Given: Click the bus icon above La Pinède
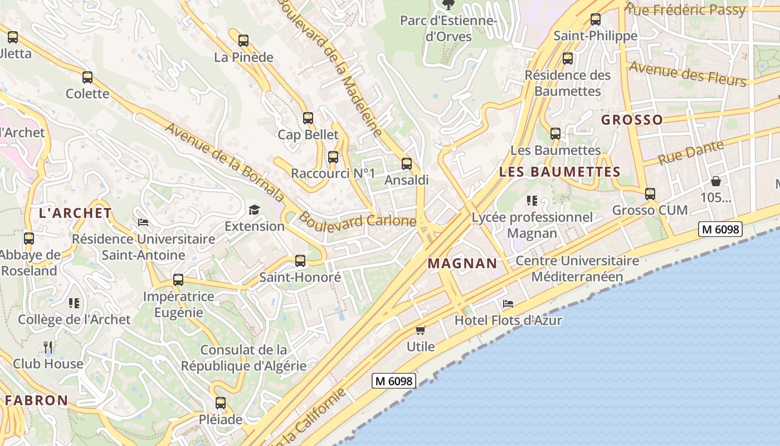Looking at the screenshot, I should (243, 41).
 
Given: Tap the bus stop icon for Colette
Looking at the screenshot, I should (87, 77).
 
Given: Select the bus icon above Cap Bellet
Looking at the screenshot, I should (308, 118).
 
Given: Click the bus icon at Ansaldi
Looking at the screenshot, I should (407, 164).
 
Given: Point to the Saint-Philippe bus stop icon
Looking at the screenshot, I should (596, 20).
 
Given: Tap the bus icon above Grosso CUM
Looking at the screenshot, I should (650, 194).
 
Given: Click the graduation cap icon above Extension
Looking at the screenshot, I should (255, 210).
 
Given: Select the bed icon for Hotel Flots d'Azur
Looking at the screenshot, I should (508, 304).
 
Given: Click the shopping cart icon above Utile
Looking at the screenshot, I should (421, 330).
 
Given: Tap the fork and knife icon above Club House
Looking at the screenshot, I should (48, 347).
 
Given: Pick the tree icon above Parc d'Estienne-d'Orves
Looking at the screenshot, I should (448, 5).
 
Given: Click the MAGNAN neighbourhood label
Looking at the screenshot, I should (462, 264).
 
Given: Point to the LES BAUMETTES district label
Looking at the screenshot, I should (560, 172).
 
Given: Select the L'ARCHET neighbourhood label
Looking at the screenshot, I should (76, 213).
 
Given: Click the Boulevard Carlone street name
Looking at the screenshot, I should (357, 220).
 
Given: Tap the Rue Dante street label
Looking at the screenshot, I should (691, 152).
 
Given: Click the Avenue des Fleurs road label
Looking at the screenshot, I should (688, 74).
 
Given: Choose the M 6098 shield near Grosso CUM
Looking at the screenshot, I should (720, 229).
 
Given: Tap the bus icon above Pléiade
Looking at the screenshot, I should (221, 403).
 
